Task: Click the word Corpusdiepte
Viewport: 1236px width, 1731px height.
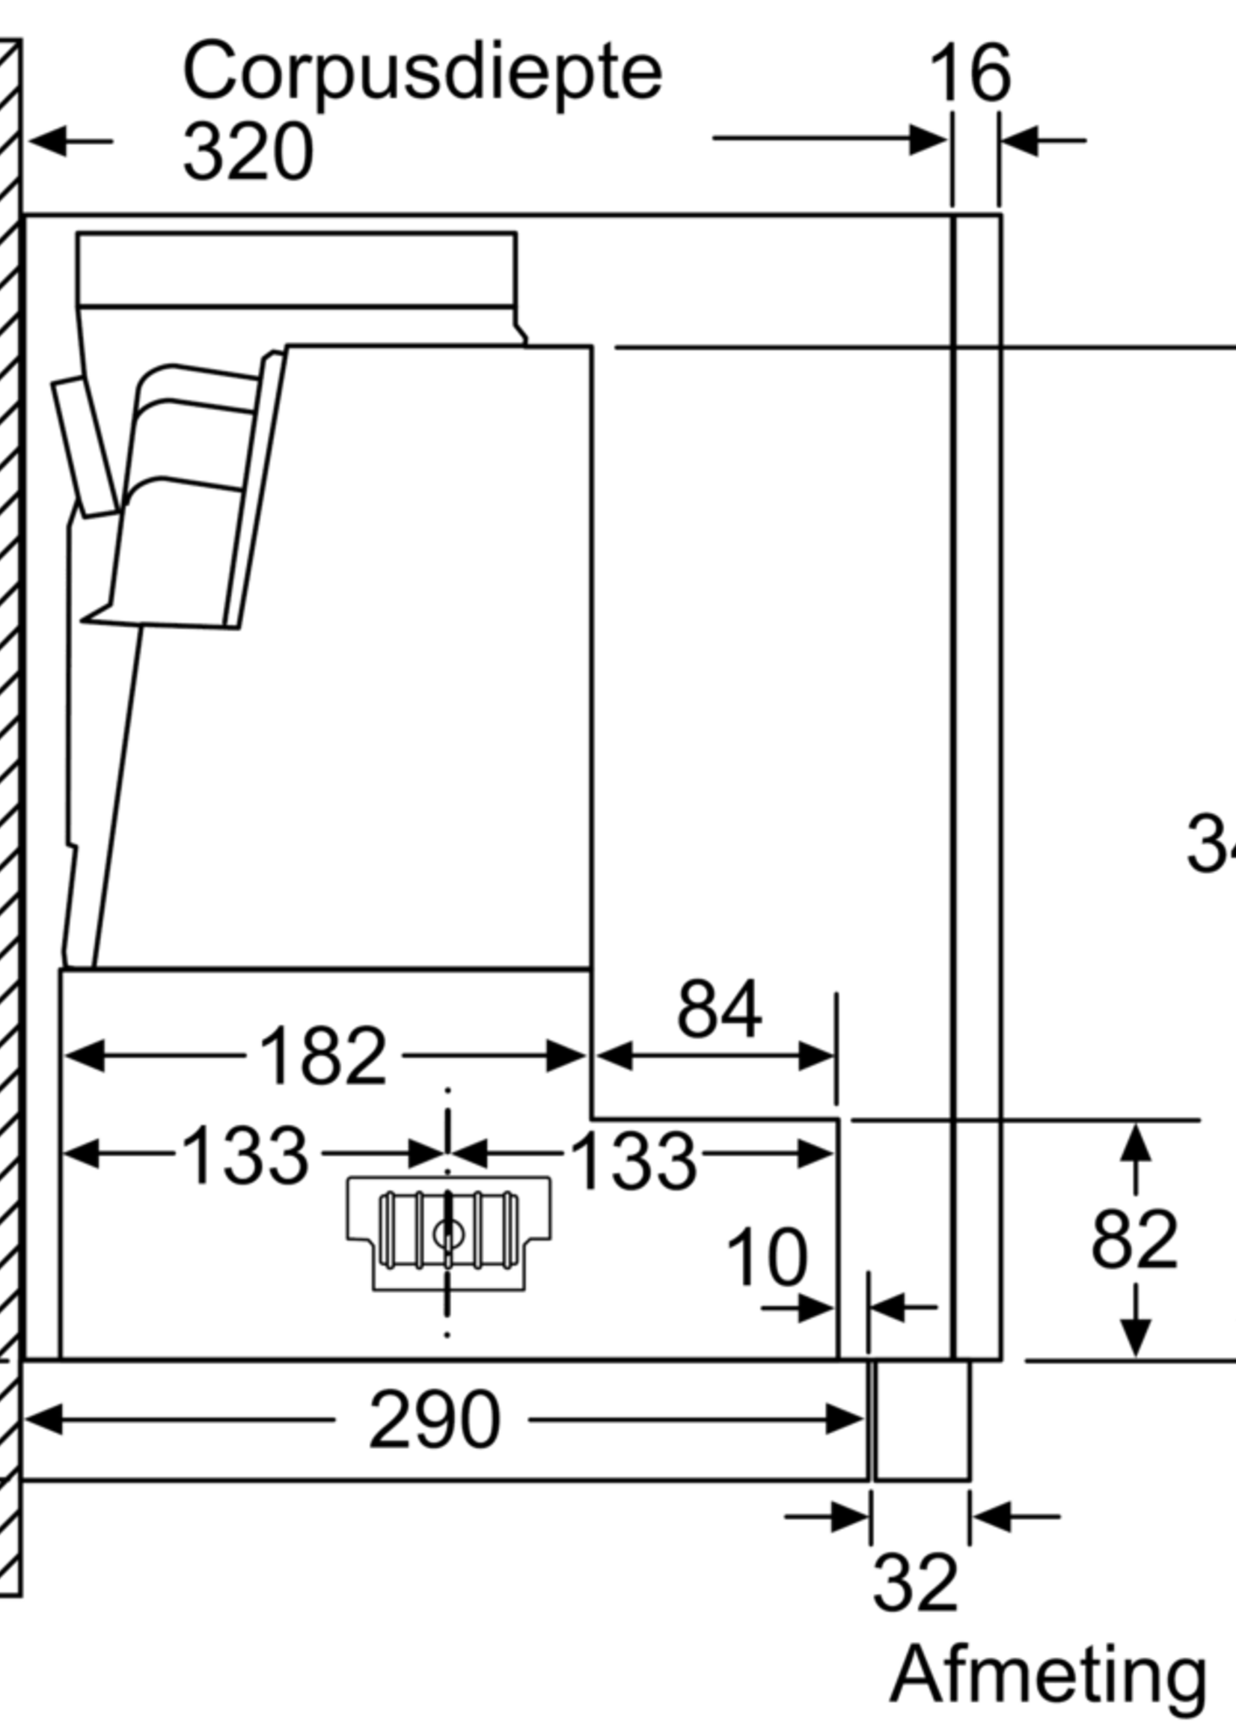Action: click(423, 75)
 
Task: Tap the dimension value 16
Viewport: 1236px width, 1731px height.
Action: click(970, 73)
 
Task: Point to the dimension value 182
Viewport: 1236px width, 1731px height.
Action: click(322, 1057)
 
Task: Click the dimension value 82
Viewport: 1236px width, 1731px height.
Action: click(1133, 1239)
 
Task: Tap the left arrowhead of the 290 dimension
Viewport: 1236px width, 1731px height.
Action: click(46, 1419)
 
